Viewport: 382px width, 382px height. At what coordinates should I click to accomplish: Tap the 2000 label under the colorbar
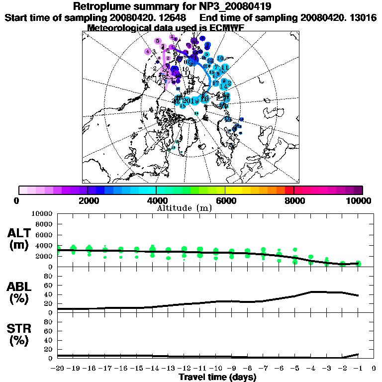(x=87, y=200)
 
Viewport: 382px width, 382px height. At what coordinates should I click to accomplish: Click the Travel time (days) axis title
(x=217, y=378)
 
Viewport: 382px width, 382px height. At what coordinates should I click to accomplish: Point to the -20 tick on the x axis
(x=58, y=369)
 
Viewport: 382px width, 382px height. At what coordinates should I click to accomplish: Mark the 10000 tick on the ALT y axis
(x=42, y=213)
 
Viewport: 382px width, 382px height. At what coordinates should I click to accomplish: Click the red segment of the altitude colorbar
(x=289, y=190)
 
